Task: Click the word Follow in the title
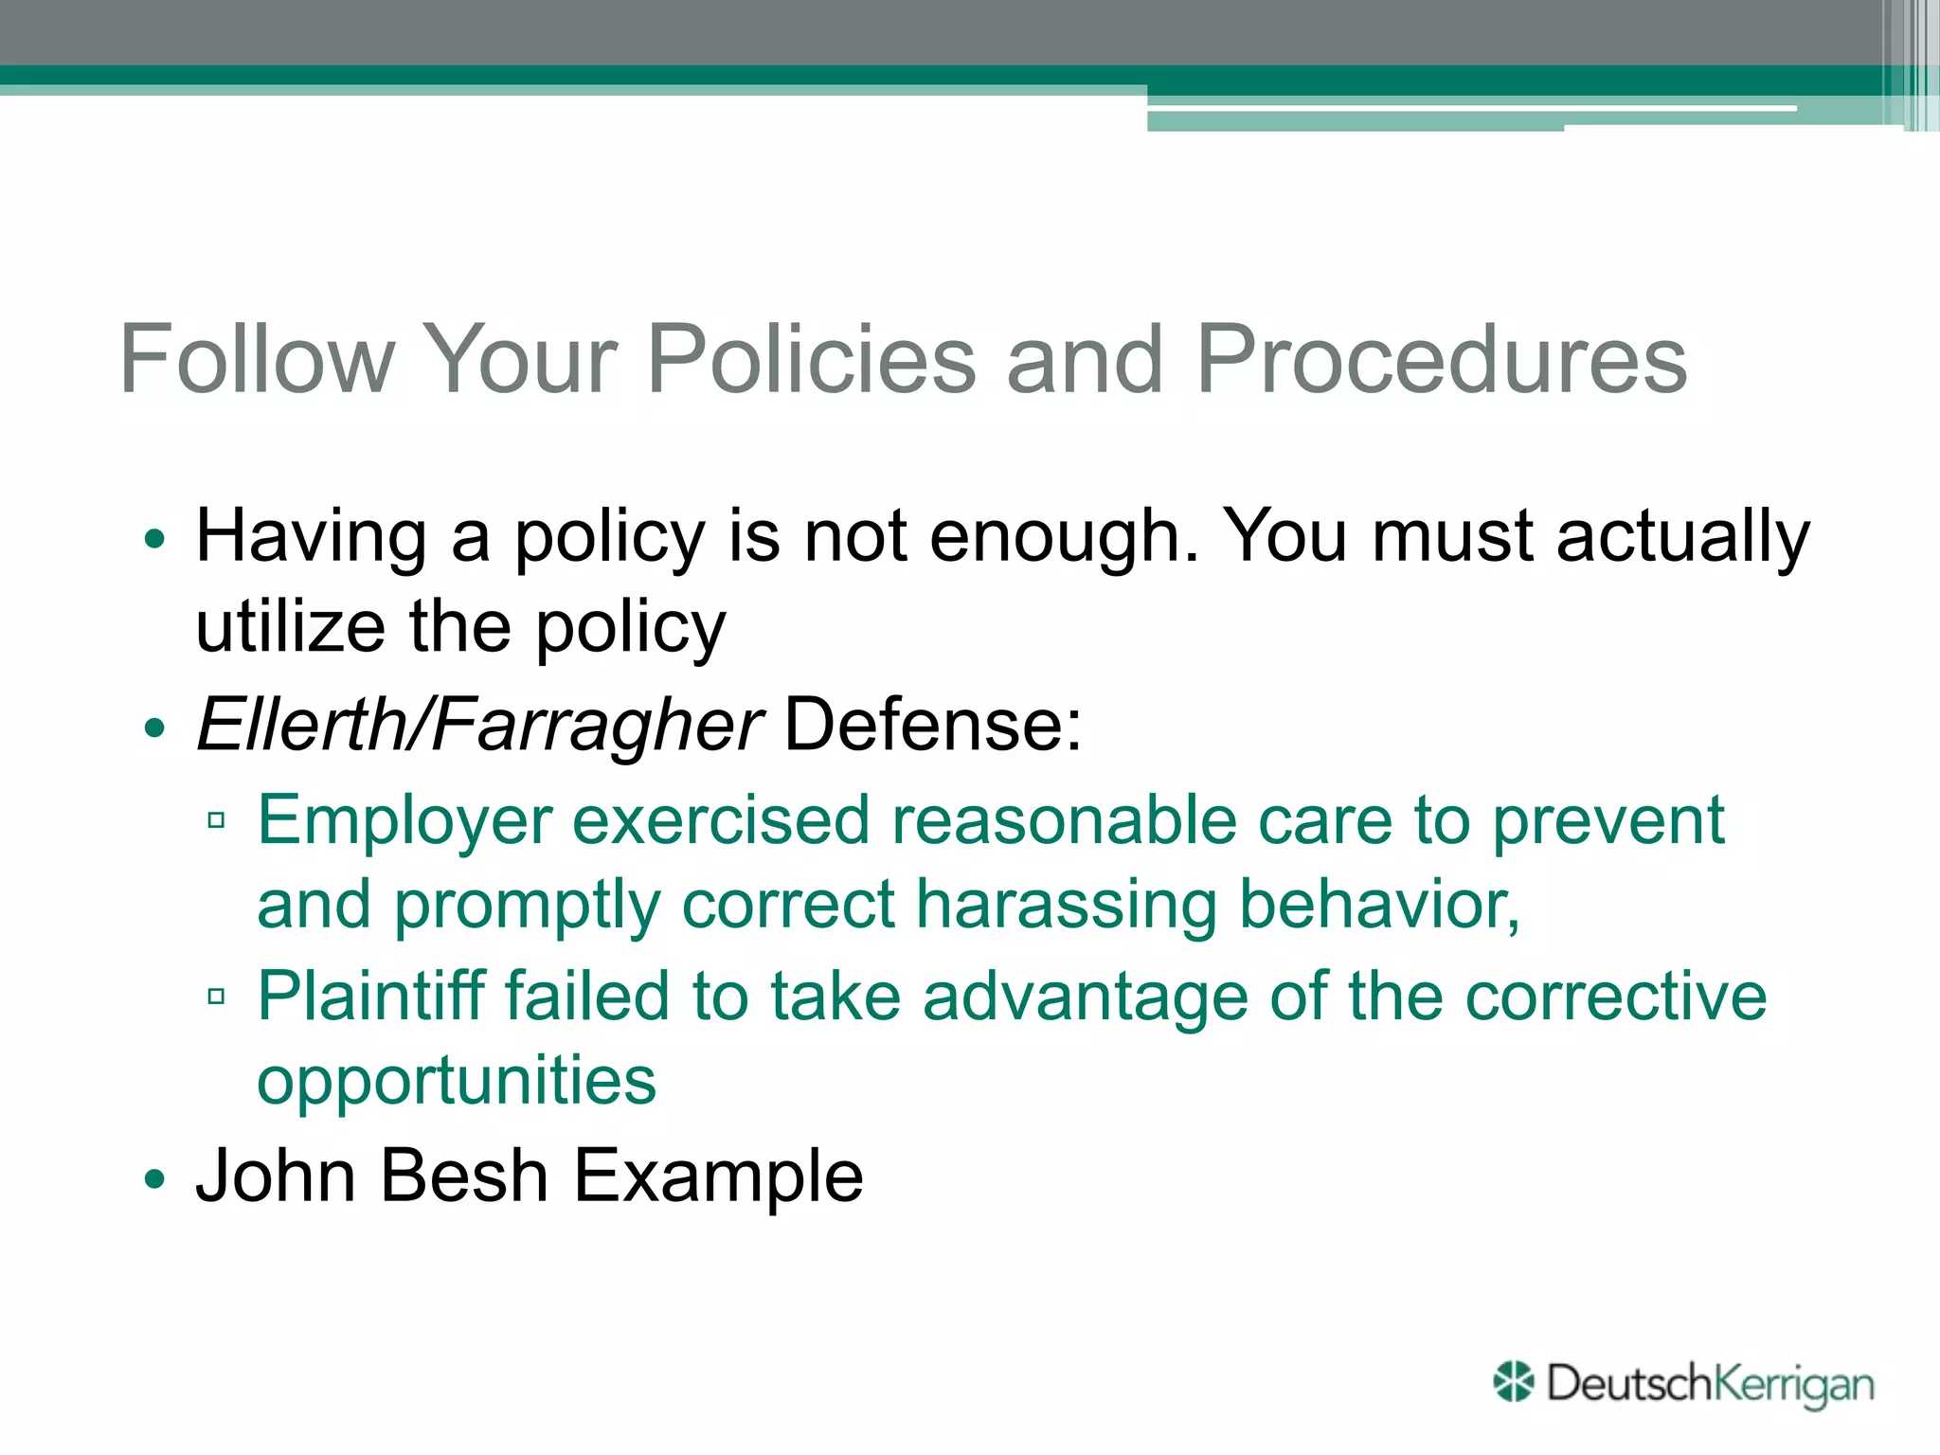coord(257,360)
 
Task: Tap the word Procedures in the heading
coord(1441,360)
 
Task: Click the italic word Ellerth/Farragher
coord(478,726)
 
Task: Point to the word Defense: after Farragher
coord(933,726)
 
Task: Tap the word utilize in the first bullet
coord(290,627)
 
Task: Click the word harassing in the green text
coord(1066,905)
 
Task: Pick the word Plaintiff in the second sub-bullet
coord(368,997)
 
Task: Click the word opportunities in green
coord(457,1080)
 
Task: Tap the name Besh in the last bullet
coord(464,1176)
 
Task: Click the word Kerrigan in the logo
coord(1793,1384)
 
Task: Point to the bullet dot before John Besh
coord(154,1180)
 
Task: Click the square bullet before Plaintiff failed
coord(216,997)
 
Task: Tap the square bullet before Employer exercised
coord(216,820)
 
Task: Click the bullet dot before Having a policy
coord(154,540)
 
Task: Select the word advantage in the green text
coord(1085,997)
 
